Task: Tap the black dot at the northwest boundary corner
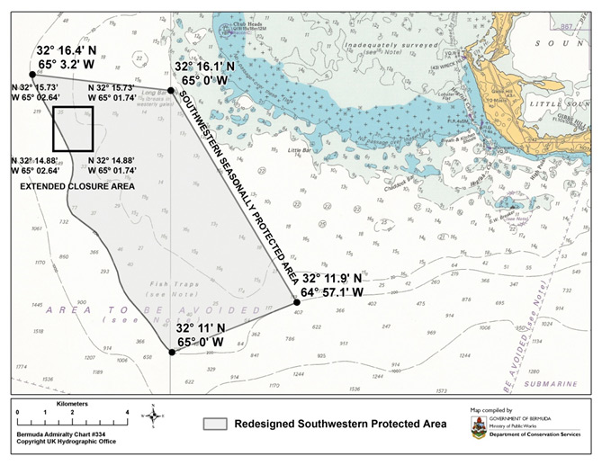click(x=32, y=75)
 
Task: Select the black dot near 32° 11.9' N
click(x=297, y=301)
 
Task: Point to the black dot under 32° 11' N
click(x=172, y=353)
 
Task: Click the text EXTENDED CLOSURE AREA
click(x=76, y=186)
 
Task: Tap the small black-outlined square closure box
click(x=73, y=130)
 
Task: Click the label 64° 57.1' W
click(x=333, y=292)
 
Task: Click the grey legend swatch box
click(x=213, y=424)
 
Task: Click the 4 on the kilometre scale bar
click(x=127, y=413)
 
